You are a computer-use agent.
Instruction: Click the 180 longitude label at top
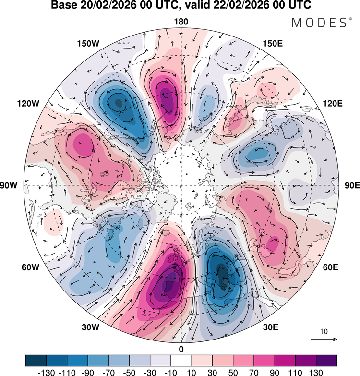coord(181,22)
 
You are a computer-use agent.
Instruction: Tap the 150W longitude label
coord(88,44)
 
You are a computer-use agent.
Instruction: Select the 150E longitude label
coord(273,44)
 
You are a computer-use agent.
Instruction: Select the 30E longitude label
coord(271,327)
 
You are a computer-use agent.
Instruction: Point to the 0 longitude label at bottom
coord(181,349)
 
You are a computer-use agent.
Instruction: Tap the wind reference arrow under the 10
coord(324,340)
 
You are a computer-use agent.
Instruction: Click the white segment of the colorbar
coord(181,360)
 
